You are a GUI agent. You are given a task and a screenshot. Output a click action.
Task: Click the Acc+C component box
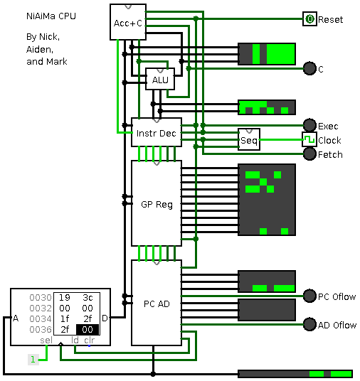(x=128, y=22)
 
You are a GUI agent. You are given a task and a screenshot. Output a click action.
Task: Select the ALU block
(x=160, y=79)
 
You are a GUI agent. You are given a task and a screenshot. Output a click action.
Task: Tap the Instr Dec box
(x=157, y=132)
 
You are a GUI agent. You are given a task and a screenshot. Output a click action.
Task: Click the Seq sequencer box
(x=249, y=139)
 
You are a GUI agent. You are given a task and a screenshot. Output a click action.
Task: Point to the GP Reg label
(x=157, y=204)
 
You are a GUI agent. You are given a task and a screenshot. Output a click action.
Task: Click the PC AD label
(x=157, y=304)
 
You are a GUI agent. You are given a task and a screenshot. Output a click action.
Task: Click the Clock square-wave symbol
(x=309, y=139)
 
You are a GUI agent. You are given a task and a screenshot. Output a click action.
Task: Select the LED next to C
(x=309, y=68)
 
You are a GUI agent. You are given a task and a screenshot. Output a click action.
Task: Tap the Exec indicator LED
(x=309, y=125)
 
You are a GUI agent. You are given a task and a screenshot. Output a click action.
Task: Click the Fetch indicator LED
(x=309, y=154)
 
